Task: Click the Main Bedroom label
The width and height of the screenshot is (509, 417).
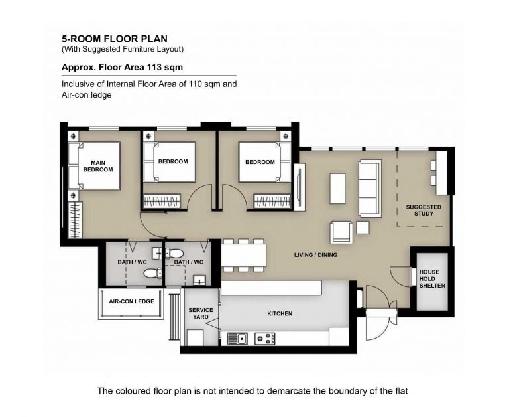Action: [98, 166]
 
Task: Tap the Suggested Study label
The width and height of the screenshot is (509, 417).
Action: [424, 210]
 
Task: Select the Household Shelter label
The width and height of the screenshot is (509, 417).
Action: [432, 278]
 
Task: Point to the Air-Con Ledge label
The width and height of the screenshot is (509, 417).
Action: [131, 301]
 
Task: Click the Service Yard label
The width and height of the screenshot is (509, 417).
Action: [201, 313]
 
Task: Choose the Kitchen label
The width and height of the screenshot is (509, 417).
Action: [280, 313]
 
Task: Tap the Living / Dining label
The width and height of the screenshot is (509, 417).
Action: [315, 255]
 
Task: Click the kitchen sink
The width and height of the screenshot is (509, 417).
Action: [237, 339]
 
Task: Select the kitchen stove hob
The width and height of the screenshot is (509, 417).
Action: [265, 339]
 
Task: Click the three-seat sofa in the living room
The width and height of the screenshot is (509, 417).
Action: [370, 189]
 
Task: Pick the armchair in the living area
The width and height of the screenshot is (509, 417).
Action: [341, 232]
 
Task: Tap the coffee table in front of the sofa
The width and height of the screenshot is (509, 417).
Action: [337, 189]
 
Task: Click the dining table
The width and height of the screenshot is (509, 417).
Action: [243, 256]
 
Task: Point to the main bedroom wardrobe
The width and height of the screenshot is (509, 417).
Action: [76, 220]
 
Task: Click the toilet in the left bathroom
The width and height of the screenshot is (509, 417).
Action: [153, 273]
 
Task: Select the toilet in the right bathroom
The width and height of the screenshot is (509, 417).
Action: [174, 253]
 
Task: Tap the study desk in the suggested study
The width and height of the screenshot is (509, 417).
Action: [441, 173]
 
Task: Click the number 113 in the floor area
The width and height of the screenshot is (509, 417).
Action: [154, 67]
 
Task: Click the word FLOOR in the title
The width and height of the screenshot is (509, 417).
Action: [122, 39]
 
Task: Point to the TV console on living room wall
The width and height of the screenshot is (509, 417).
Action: [300, 187]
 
